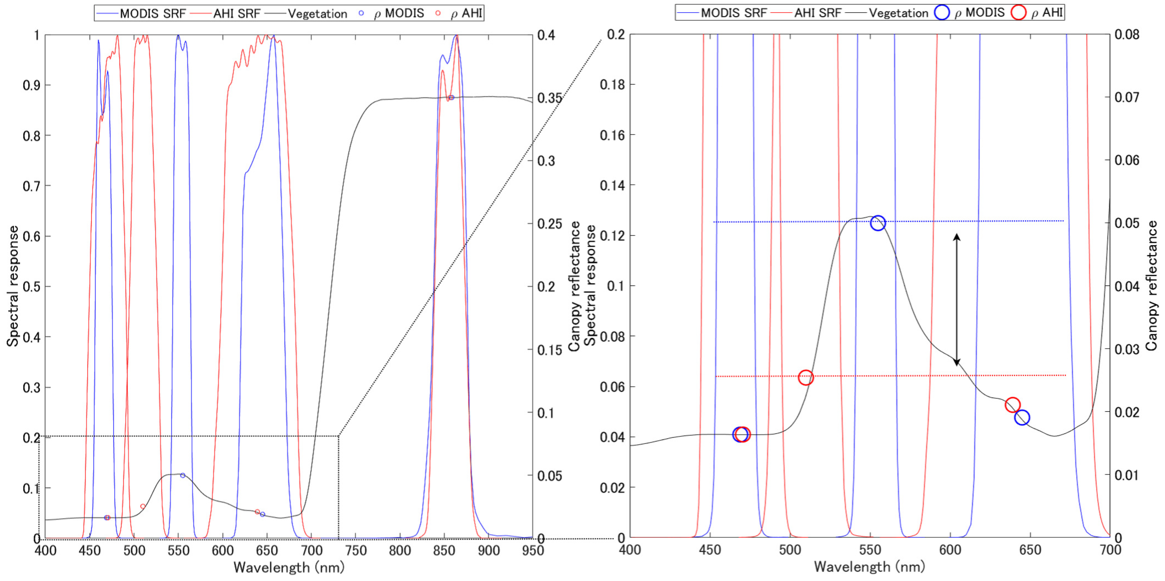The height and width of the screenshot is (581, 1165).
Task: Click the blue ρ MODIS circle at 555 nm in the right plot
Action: click(877, 223)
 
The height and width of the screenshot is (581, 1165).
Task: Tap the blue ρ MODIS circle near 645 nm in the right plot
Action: click(1021, 417)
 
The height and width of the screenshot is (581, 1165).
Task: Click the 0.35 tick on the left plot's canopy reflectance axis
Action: click(549, 98)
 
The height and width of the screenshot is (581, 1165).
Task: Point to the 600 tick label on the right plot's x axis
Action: click(950, 550)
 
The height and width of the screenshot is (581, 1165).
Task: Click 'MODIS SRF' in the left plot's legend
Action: click(152, 13)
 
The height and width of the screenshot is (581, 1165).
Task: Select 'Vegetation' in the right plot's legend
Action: click(898, 13)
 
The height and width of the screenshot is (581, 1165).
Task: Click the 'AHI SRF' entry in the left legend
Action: click(236, 13)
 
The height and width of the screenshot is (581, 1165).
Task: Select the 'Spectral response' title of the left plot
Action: click(13, 286)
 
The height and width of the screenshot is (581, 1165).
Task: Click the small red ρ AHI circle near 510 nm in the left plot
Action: click(143, 506)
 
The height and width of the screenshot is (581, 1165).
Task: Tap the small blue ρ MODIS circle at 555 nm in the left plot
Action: click(183, 475)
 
